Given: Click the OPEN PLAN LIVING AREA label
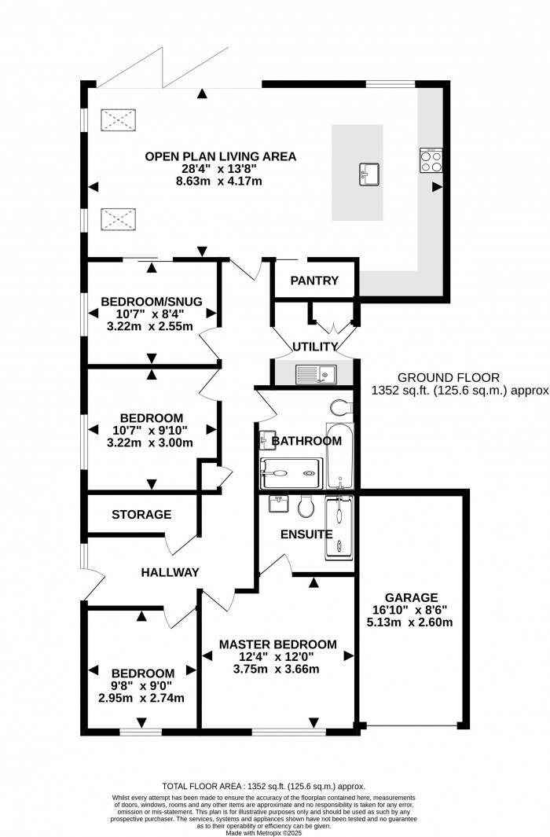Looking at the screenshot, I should coord(220,156).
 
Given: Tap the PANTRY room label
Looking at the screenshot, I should coord(314,281).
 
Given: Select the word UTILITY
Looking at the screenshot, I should coord(315,347).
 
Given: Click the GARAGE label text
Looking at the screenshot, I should coord(406,597).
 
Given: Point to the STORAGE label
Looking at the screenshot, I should coord(141,515).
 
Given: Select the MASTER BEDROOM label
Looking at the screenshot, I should coord(277,644).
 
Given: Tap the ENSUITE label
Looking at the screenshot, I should coord(307,534).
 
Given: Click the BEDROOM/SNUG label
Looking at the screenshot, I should coord(152,301).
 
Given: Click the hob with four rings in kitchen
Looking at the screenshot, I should coord(431,160).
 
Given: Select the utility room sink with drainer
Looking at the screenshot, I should coord(314,374).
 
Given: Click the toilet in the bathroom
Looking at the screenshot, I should coord(342,407).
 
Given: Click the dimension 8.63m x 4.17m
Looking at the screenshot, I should coord(220,182).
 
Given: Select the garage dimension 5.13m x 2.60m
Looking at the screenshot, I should coord(406,622).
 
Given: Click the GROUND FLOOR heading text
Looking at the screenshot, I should coord(448,377).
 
